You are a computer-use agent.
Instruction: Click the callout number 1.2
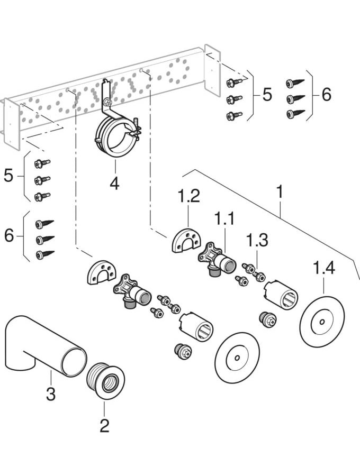(189, 197)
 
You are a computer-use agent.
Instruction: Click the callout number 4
(114, 184)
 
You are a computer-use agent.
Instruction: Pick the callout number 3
(50, 393)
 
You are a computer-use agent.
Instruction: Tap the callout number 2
(104, 424)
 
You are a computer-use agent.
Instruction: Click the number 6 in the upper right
(326, 95)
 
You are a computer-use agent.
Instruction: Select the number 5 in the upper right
(267, 95)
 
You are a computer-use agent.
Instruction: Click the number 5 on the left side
(8, 175)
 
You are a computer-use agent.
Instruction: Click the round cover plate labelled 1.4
(321, 322)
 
